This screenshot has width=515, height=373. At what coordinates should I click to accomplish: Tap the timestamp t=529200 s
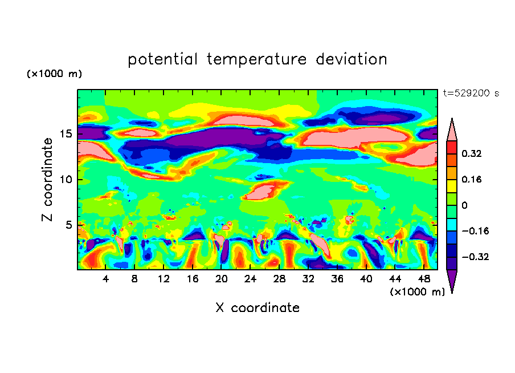[x=471, y=94]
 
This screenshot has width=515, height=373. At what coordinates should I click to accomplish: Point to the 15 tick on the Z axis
[x=66, y=134]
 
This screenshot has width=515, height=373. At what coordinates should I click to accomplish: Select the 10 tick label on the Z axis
[x=66, y=180]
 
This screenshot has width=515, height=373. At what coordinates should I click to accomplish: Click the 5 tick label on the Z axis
[x=69, y=225]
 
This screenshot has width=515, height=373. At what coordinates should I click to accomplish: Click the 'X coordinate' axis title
[x=257, y=308]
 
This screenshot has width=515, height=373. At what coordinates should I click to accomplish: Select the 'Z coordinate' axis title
[x=48, y=179]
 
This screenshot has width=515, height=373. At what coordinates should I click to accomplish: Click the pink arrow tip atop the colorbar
[x=452, y=129]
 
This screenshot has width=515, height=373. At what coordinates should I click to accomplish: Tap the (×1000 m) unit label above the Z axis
[x=54, y=74]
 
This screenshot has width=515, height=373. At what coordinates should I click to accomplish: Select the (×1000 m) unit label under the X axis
[x=418, y=291]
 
